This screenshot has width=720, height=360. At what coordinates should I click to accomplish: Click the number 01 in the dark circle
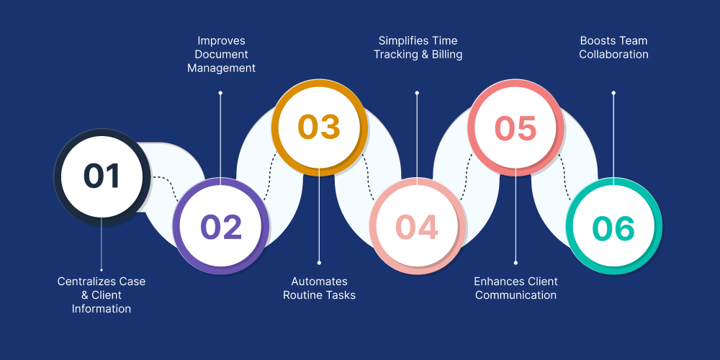[x=102, y=176]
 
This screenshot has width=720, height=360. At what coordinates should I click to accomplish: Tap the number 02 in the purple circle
[x=221, y=227]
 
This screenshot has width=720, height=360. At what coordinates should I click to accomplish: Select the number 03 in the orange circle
[x=319, y=127]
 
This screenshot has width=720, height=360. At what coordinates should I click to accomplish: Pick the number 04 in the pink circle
[x=417, y=227]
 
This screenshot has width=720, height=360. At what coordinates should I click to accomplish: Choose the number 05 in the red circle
[x=516, y=128]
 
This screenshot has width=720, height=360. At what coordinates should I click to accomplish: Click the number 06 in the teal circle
[x=613, y=228]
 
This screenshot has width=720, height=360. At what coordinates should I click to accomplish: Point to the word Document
[x=221, y=54]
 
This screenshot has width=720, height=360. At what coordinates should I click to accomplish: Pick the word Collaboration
[x=613, y=54]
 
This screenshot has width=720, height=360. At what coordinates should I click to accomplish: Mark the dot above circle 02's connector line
[x=220, y=93]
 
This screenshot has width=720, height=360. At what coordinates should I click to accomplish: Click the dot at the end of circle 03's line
[x=319, y=262]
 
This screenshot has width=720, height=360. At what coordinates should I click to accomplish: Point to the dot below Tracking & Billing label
[x=417, y=93]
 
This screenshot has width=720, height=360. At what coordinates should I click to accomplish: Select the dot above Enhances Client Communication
[x=516, y=262]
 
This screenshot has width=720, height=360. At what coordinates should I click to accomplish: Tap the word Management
[x=221, y=68]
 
